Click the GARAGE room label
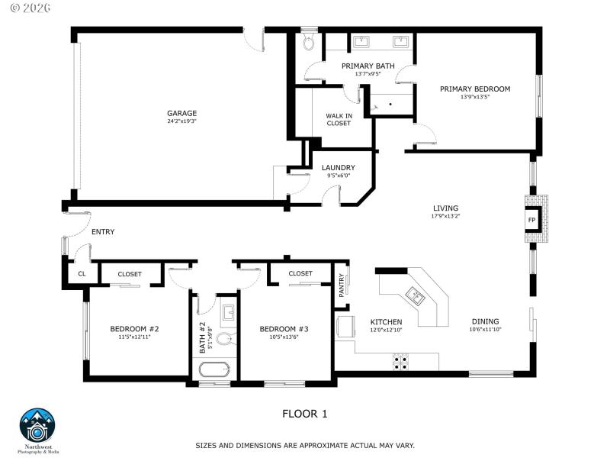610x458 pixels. point(182,113)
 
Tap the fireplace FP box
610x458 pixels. point(531,220)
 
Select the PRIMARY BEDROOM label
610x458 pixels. point(474,89)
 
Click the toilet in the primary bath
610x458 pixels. point(308,41)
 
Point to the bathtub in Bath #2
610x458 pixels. point(214,370)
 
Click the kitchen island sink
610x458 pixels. point(416,294)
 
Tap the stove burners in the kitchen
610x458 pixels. point(400,361)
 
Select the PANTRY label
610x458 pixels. point(342,285)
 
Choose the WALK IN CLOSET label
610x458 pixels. point(339,119)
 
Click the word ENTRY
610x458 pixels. point(103,232)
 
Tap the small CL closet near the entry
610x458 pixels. point(81,273)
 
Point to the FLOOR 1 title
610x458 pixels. point(304,414)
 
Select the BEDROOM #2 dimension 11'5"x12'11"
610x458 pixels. point(134,337)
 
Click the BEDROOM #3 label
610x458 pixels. point(284,329)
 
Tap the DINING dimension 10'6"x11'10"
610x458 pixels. point(485,330)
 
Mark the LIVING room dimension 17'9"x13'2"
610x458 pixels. point(445,216)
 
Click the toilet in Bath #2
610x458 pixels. point(225,338)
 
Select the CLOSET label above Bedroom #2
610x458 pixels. point(130,273)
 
